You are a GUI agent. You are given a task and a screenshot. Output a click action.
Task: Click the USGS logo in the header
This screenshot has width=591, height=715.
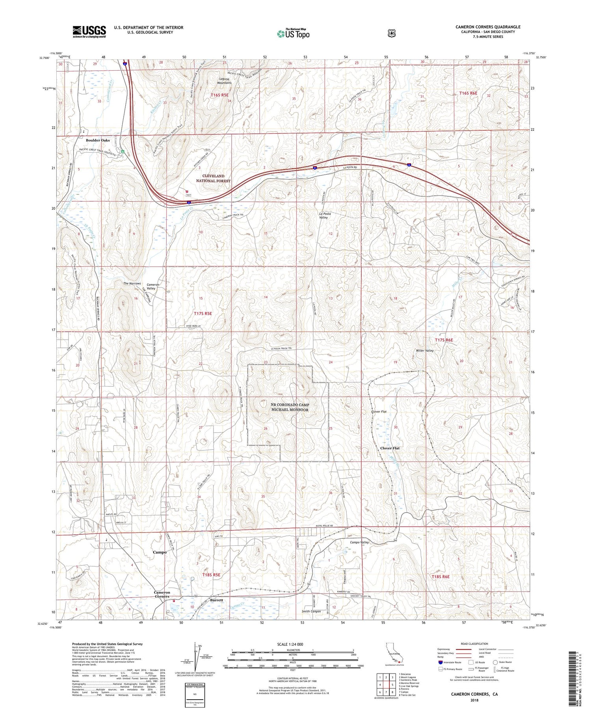(89, 32)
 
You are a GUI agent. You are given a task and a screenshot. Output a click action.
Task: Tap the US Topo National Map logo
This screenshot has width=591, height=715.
(294, 33)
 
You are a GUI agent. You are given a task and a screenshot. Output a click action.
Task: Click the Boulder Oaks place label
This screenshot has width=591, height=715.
(98, 140)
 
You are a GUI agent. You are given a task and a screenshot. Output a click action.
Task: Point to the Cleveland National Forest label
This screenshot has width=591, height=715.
(213, 178)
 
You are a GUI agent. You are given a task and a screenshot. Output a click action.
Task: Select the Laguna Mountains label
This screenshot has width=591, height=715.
(224, 81)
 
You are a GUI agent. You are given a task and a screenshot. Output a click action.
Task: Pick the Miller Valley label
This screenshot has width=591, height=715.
(425, 351)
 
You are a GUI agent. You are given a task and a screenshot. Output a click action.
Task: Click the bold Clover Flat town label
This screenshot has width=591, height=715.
(390, 448)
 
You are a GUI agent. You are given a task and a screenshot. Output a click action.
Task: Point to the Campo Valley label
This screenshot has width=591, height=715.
(359, 542)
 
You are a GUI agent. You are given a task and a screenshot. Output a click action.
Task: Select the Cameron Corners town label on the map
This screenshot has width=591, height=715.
(162, 594)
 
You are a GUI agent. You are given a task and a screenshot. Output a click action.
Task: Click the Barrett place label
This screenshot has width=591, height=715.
(216, 600)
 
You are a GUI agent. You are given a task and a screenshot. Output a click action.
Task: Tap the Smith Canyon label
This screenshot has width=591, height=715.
(311, 611)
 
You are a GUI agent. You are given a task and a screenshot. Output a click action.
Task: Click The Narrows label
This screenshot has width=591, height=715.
(132, 284)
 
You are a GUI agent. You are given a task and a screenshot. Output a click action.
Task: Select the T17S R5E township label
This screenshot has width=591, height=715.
(203, 314)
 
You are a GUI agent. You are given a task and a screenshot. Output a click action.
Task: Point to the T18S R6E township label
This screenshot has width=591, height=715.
(440, 577)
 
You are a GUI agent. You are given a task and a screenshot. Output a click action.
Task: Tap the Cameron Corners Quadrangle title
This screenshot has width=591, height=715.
(488, 27)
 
